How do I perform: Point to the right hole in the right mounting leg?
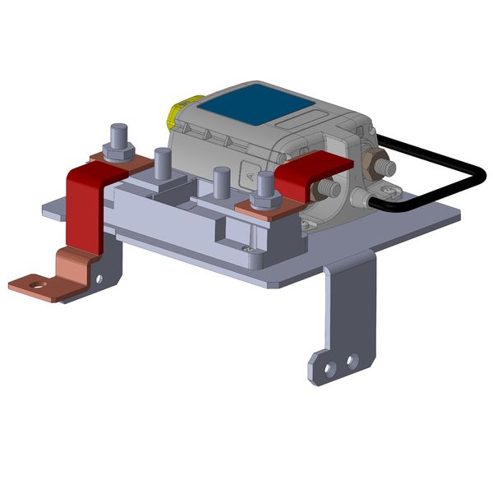click(352, 361)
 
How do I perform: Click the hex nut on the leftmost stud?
click(118, 153)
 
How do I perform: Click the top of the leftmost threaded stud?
click(118, 129)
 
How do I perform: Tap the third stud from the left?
click(221, 182)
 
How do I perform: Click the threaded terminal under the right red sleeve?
click(331, 188)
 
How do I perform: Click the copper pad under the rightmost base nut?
click(255, 212)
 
